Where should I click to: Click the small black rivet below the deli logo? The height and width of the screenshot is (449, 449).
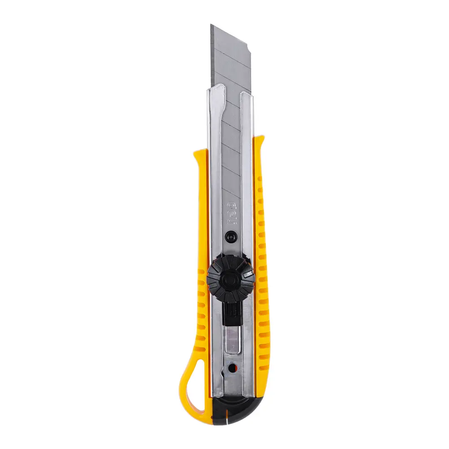pos(231,235)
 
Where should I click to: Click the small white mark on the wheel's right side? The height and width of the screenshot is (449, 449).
pos(247,273)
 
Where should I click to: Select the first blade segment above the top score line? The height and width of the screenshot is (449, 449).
pos(229,45)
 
